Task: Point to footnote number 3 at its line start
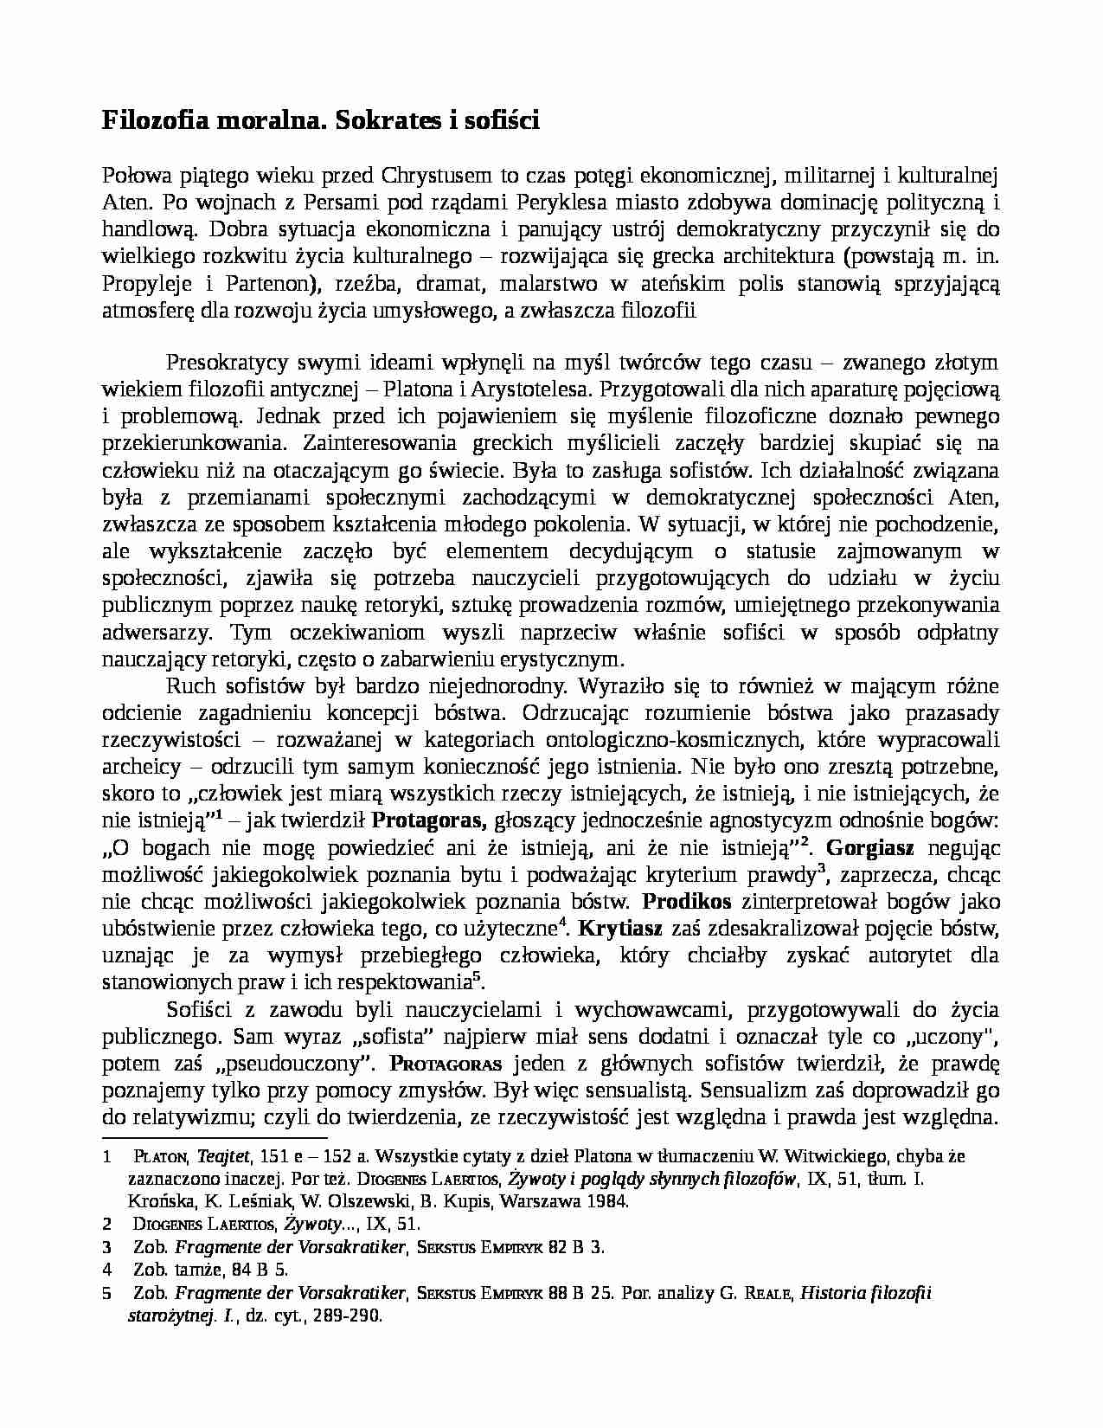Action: pos(107,1247)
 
